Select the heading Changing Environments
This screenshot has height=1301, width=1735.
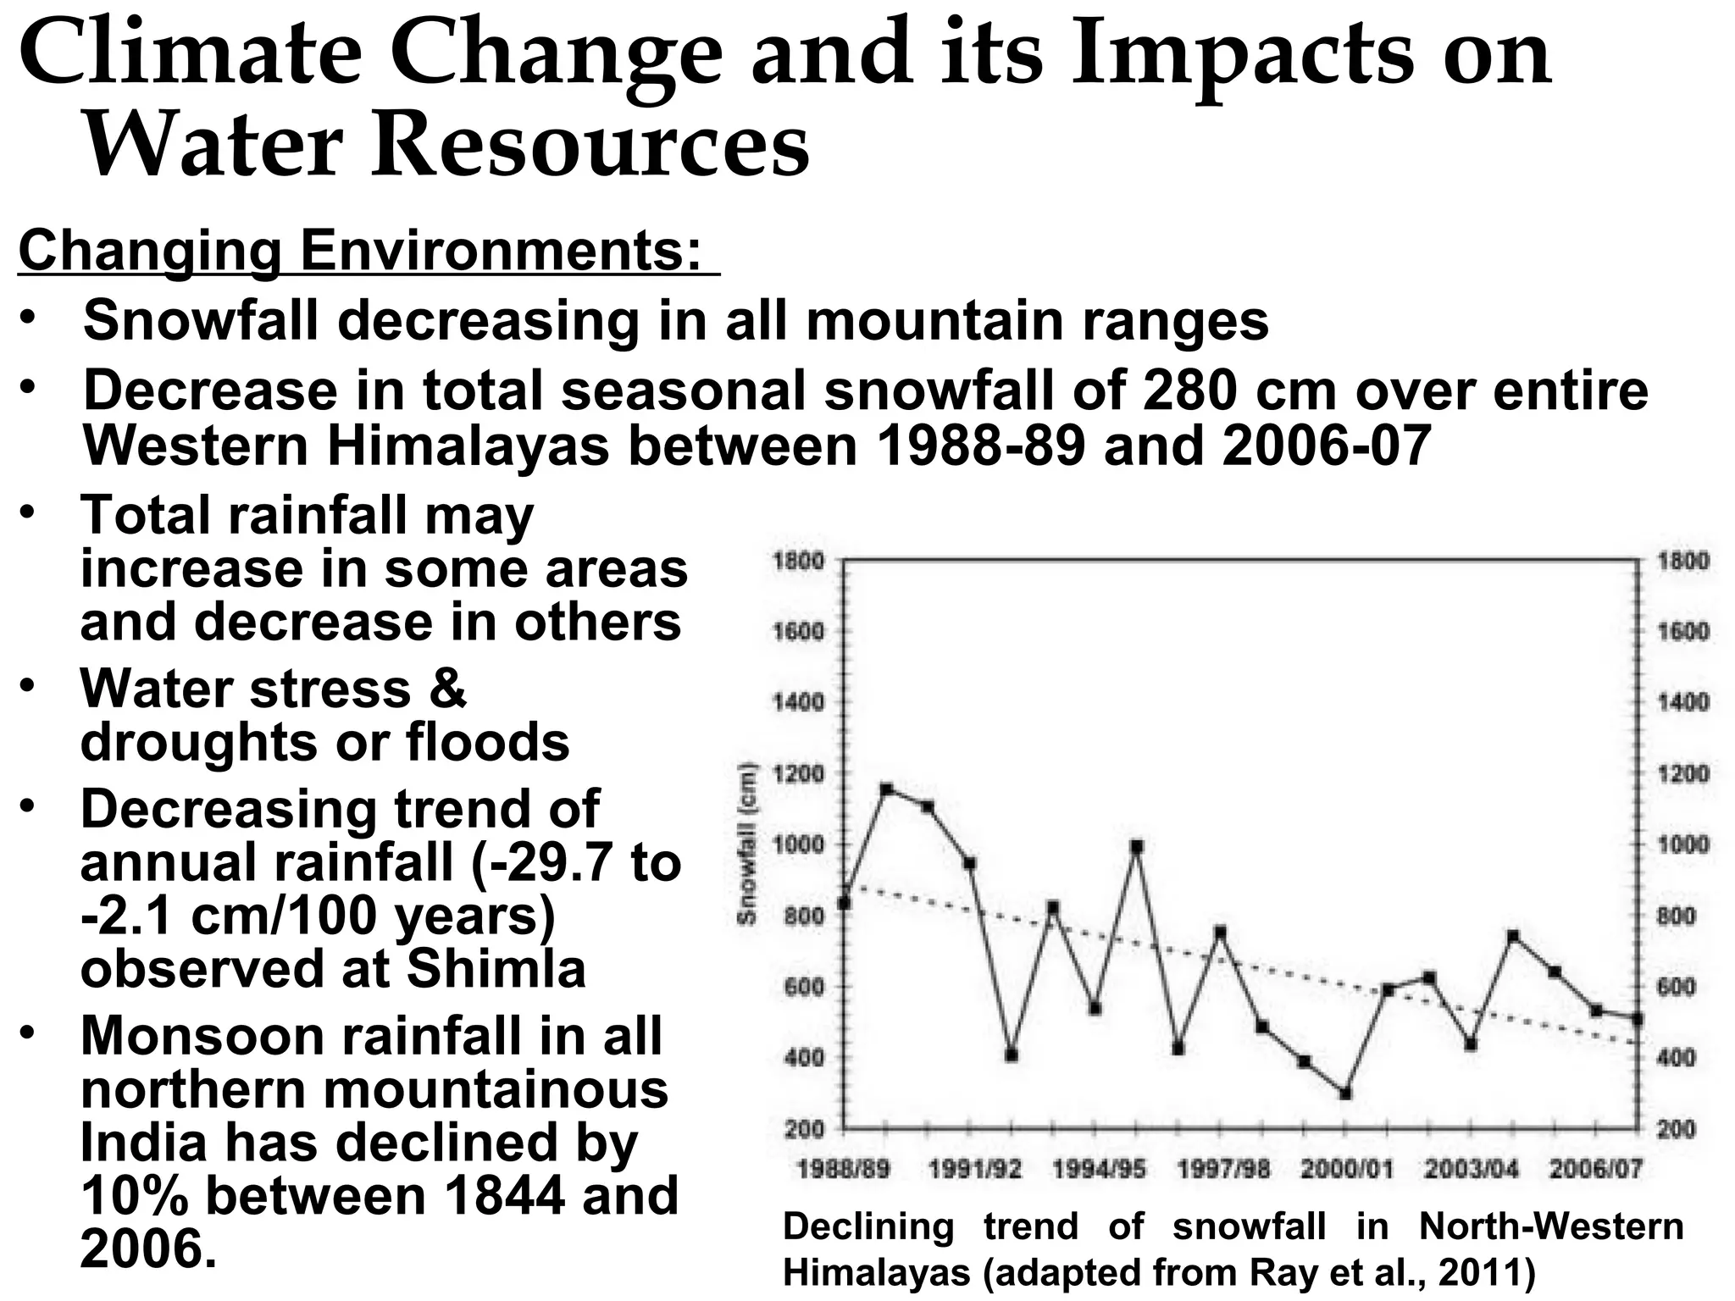(x=360, y=251)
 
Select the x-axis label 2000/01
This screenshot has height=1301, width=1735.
(x=1345, y=1171)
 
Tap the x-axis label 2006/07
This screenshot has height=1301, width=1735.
(x=1595, y=1171)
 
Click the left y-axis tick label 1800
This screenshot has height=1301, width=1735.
(x=797, y=561)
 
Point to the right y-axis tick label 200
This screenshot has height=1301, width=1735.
(x=1676, y=1129)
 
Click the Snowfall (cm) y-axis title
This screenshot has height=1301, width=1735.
(x=746, y=844)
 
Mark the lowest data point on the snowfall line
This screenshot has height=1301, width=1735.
(x=1344, y=1093)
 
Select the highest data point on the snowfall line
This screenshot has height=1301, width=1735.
(x=886, y=789)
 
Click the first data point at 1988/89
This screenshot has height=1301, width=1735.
(x=844, y=904)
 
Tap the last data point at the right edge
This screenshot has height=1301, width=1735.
(x=1637, y=1019)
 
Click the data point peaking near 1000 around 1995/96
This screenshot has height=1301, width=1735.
(x=1137, y=846)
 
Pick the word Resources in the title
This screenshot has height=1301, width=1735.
(x=590, y=146)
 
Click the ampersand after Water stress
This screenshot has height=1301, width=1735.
(x=447, y=689)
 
